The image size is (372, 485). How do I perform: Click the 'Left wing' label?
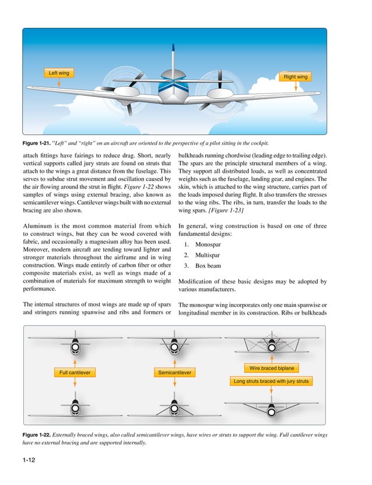tap(59, 73)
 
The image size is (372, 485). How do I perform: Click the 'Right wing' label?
tap(295, 77)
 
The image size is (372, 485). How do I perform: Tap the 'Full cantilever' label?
tap(75, 372)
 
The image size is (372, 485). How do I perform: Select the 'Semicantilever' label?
tap(175, 372)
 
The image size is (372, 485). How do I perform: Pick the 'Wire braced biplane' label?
tap(272, 368)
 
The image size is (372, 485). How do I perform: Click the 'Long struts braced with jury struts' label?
tap(272, 382)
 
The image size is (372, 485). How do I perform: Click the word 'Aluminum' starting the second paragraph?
tap(37, 226)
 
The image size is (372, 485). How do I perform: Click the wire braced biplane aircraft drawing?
tap(272, 344)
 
